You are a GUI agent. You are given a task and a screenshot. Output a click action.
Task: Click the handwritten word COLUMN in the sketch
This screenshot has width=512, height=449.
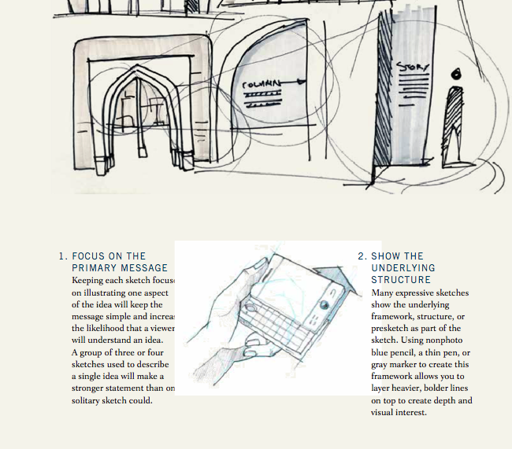[x=261, y=83]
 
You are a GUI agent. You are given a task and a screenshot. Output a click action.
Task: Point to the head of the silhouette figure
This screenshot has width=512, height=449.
[x=454, y=75]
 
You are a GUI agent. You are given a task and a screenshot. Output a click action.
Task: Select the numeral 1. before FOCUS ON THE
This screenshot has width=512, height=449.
[x=62, y=256]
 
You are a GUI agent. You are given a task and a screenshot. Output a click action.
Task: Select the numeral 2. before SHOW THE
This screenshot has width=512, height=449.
[x=362, y=256]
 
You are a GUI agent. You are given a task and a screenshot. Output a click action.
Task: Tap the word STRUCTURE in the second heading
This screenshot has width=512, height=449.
[x=401, y=280]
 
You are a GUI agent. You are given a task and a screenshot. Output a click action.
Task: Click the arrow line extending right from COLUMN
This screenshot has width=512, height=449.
[x=293, y=81]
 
